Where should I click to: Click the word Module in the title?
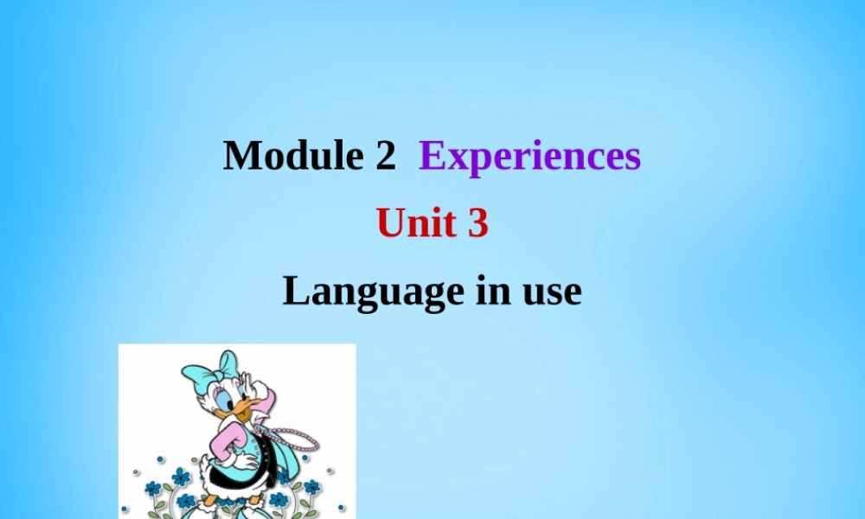(290, 156)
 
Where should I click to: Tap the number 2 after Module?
(385, 156)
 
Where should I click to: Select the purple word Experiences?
(529, 157)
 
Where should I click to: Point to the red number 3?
(478, 224)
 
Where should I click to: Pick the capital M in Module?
(240, 156)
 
